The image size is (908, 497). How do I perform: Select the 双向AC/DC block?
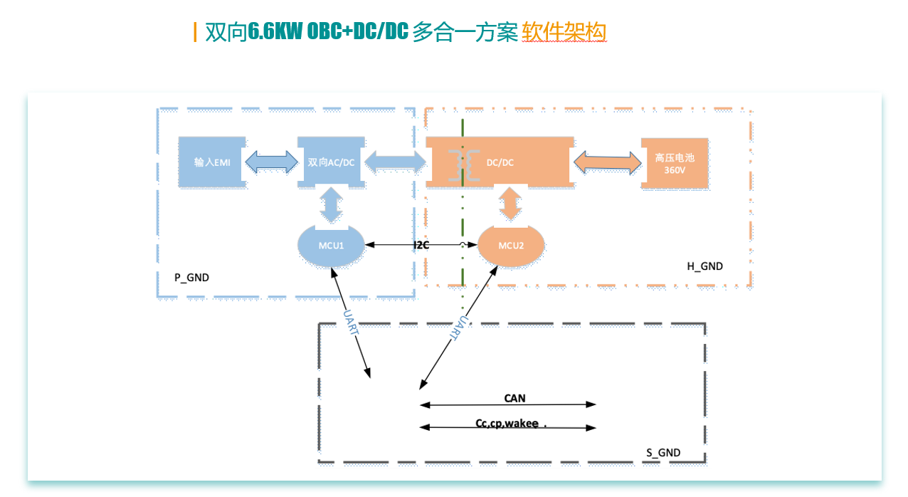tap(331, 162)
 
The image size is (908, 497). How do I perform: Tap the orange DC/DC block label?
tap(500, 162)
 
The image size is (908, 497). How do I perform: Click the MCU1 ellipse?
tap(331, 246)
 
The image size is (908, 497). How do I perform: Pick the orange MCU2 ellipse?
tap(511, 246)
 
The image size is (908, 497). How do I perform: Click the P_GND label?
tap(191, 278)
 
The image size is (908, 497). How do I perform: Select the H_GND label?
tap(704, 266)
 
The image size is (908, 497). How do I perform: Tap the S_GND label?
tap(663, 453)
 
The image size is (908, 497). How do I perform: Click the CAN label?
tap(514, 398)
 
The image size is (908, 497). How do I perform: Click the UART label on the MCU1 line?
tap(351, 323)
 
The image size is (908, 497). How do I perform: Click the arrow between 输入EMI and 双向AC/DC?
tap(270, 162)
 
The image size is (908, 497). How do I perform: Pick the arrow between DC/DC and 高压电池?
tap(607, 162)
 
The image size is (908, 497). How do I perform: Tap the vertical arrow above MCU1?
tap(331, 204)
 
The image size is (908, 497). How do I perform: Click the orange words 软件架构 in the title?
tap(564, 32)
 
